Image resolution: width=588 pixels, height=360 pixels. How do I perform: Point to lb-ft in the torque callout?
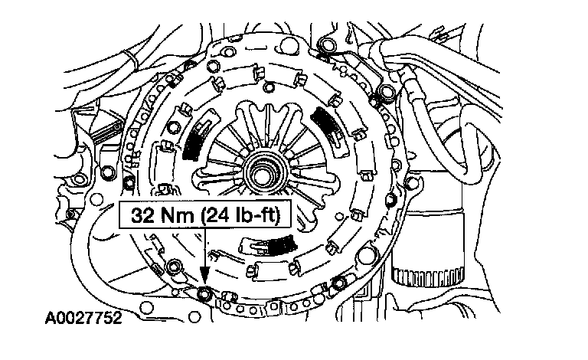258,216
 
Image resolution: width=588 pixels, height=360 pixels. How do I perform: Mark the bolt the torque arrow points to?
204,293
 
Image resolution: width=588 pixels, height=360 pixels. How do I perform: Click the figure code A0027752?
83,318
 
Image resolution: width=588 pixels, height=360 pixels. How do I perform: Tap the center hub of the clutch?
263,174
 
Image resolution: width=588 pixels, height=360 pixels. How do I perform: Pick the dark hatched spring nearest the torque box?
282,246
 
